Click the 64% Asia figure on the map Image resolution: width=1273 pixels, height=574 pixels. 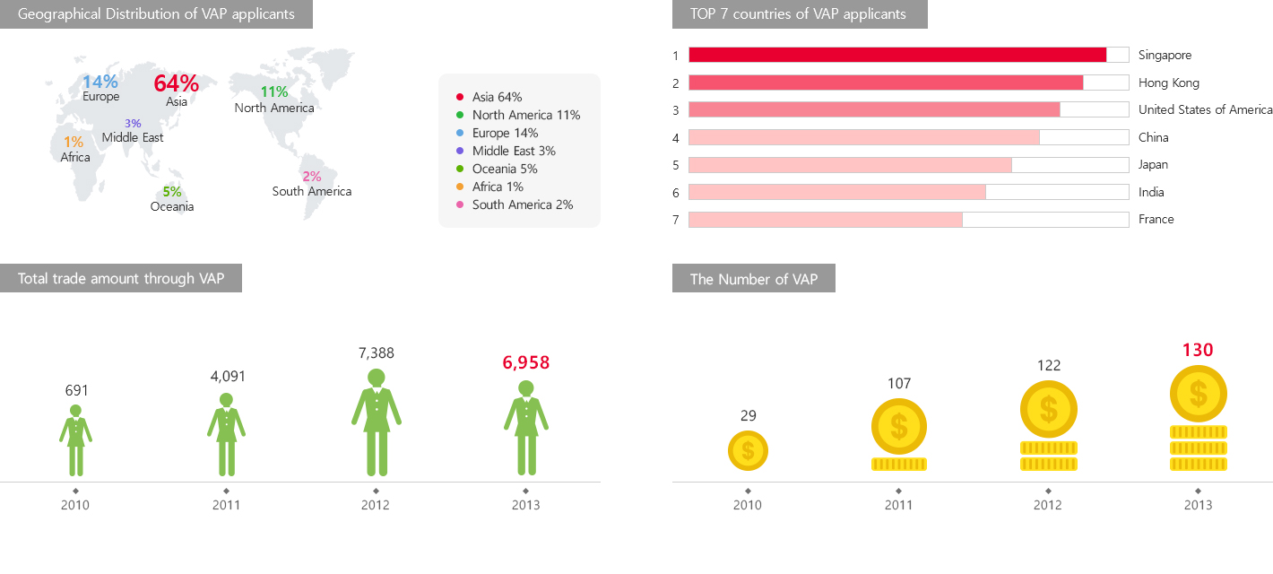tap(177, 83)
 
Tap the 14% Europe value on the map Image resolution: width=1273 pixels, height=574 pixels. tap(100, 83)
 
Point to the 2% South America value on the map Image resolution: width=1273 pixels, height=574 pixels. tap(312, 177)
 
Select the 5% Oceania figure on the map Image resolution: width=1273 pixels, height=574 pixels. tap(172, 191)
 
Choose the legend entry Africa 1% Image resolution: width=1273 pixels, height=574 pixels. tap(498, 187)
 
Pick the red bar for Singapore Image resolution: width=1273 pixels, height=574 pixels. tap(897, 55)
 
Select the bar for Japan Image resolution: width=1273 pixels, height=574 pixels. tap(850, 165)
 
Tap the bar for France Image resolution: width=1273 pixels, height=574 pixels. tap(826, 220)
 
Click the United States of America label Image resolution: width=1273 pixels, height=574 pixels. tap(1205, 109)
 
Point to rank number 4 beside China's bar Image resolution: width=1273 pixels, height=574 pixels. tap(676, 138)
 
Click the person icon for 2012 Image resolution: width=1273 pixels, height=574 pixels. tap(377, 422)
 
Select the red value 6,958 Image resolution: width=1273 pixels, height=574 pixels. tap(525, 362)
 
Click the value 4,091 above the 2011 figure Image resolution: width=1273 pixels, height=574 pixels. tap(228, 376)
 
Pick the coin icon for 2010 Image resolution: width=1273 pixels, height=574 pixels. tap(748, 450)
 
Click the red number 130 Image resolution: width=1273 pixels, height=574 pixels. tap(1198, 350)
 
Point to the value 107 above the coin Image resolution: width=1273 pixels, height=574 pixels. tap(899, 384)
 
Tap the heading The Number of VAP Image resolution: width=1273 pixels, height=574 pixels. tap(754, 279)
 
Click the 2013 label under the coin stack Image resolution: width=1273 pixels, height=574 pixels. tap(1198, 505)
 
